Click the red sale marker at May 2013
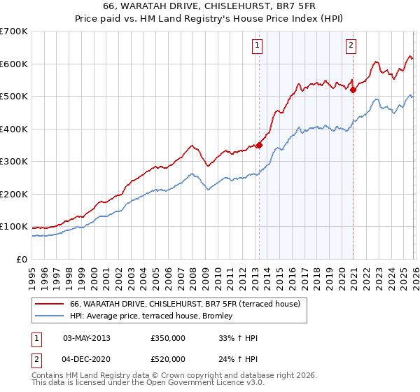(259, 145)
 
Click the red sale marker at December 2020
(353, 90)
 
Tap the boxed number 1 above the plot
(258, 46)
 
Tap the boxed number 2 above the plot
(350, 46)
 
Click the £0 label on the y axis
(21, 259)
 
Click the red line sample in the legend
(50, 304)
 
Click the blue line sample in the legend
(50, 316)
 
